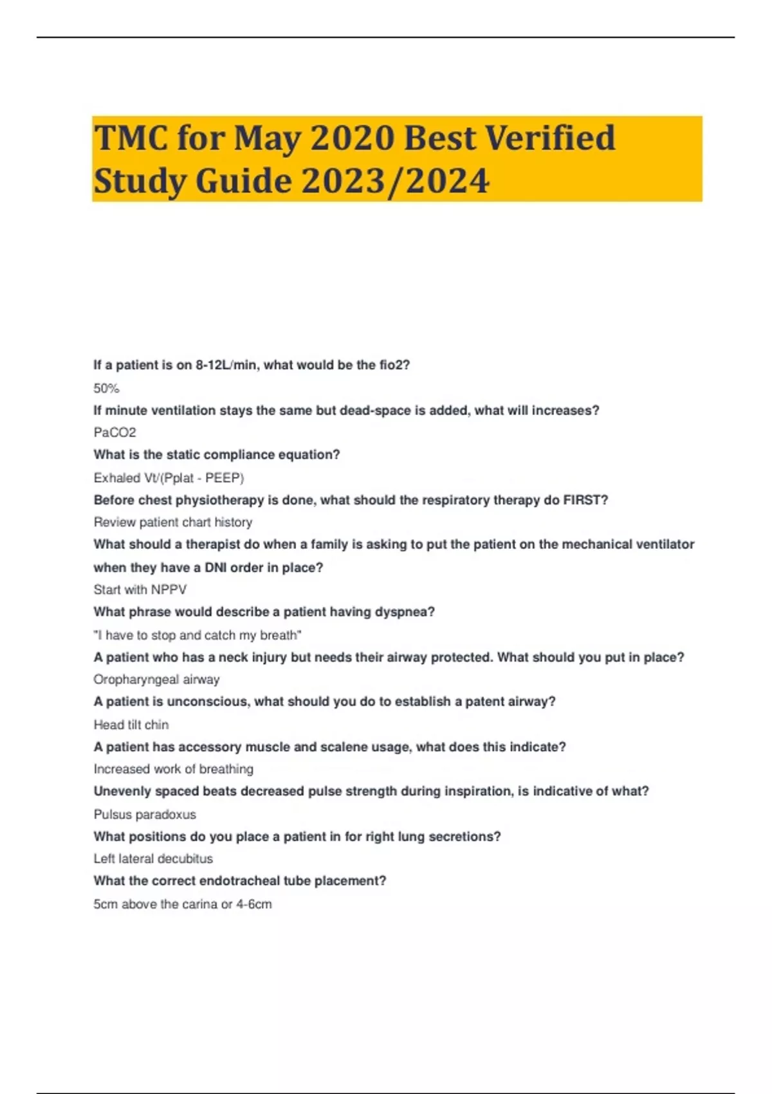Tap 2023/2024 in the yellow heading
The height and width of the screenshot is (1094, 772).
pos(395,181)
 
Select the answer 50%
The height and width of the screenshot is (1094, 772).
pos(106,389)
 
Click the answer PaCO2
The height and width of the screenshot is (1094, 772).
pos(115,432)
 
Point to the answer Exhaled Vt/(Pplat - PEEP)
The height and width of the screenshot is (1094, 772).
pos(169,478)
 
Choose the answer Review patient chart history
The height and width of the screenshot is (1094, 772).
pos(172,523)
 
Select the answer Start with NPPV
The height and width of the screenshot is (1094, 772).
pos(140,590)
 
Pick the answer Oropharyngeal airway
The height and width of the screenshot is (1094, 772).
pos(156,680)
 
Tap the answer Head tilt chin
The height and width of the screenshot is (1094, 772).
pos(131,725)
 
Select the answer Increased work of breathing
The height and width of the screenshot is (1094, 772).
pos(173,769)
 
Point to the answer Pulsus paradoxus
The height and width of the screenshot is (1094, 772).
pos(145,815)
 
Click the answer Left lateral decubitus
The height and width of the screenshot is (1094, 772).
pos(153,859)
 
